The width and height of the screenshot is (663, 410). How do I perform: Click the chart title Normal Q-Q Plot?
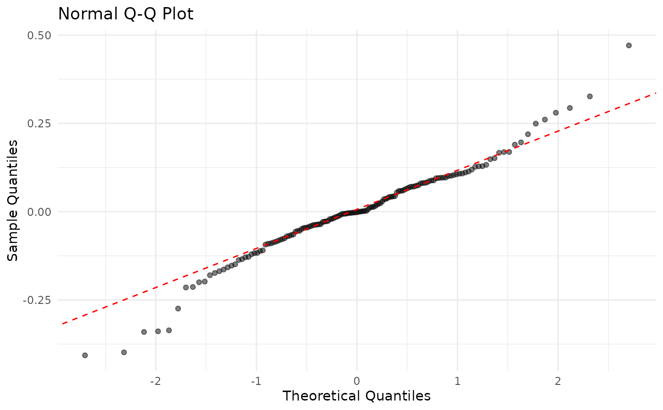(x=125, y=14)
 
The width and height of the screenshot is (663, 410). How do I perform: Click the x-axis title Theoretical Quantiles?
(x=356, y=396)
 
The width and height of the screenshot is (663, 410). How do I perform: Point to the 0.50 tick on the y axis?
(x=42, y=36)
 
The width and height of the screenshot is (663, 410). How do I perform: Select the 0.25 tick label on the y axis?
(x=42, y=124)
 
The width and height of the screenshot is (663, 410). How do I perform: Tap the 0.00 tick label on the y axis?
(x=42, y=212)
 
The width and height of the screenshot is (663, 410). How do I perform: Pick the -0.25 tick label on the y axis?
(x=40, y=300)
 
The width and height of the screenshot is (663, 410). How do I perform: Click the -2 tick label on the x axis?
(x=155, y=382)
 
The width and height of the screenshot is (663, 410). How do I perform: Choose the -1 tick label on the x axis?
(x=256, y=382)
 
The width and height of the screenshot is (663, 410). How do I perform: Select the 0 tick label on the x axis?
(x=357, y=382)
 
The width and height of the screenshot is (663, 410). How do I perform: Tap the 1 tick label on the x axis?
(x=457, y=382)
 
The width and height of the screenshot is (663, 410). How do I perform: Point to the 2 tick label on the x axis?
(x=558, y=382)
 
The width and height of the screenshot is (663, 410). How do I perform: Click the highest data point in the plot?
(x=629, y=45)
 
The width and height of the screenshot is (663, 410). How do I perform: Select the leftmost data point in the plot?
(x=85, y=355)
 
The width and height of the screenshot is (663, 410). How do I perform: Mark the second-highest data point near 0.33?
(x=590, y=97)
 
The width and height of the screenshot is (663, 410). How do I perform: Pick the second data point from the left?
(x=124, y=352)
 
